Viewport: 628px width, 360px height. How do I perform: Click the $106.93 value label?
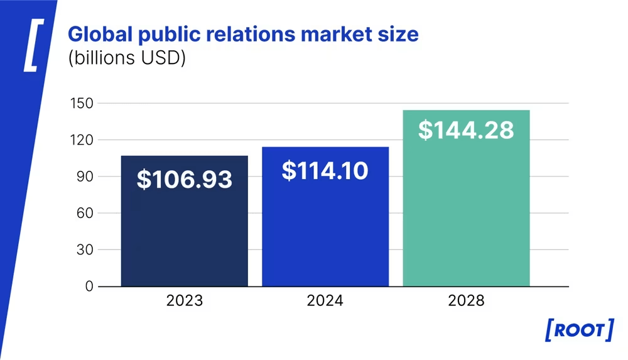[x=184, y=180]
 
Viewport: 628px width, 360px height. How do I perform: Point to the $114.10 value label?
[x=325, y=170]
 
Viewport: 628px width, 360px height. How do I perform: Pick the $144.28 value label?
[x=466, y=129]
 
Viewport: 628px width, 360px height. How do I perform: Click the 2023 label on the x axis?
[x=184, y=301]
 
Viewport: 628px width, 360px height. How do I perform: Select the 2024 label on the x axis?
[x=325, y=301]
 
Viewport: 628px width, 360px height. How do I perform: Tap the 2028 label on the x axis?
[x=466, y=301]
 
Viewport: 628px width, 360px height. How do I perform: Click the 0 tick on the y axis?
[x=89, y=286]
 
